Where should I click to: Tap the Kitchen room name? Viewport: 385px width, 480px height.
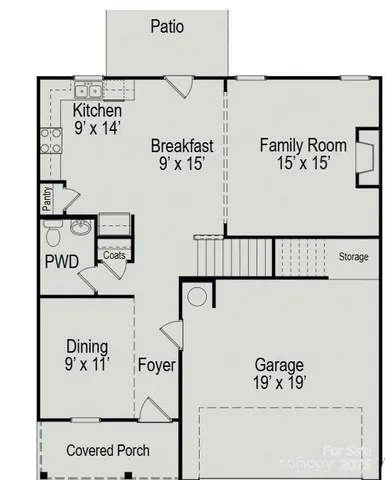[98, 111]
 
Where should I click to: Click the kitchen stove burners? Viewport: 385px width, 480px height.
[49, 141]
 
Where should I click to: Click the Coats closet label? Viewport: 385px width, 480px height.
[114, 255]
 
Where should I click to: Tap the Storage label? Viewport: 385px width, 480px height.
[353, 257]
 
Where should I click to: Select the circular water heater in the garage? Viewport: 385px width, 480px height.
[198, 296]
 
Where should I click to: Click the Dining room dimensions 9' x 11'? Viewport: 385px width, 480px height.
[87, 364]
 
